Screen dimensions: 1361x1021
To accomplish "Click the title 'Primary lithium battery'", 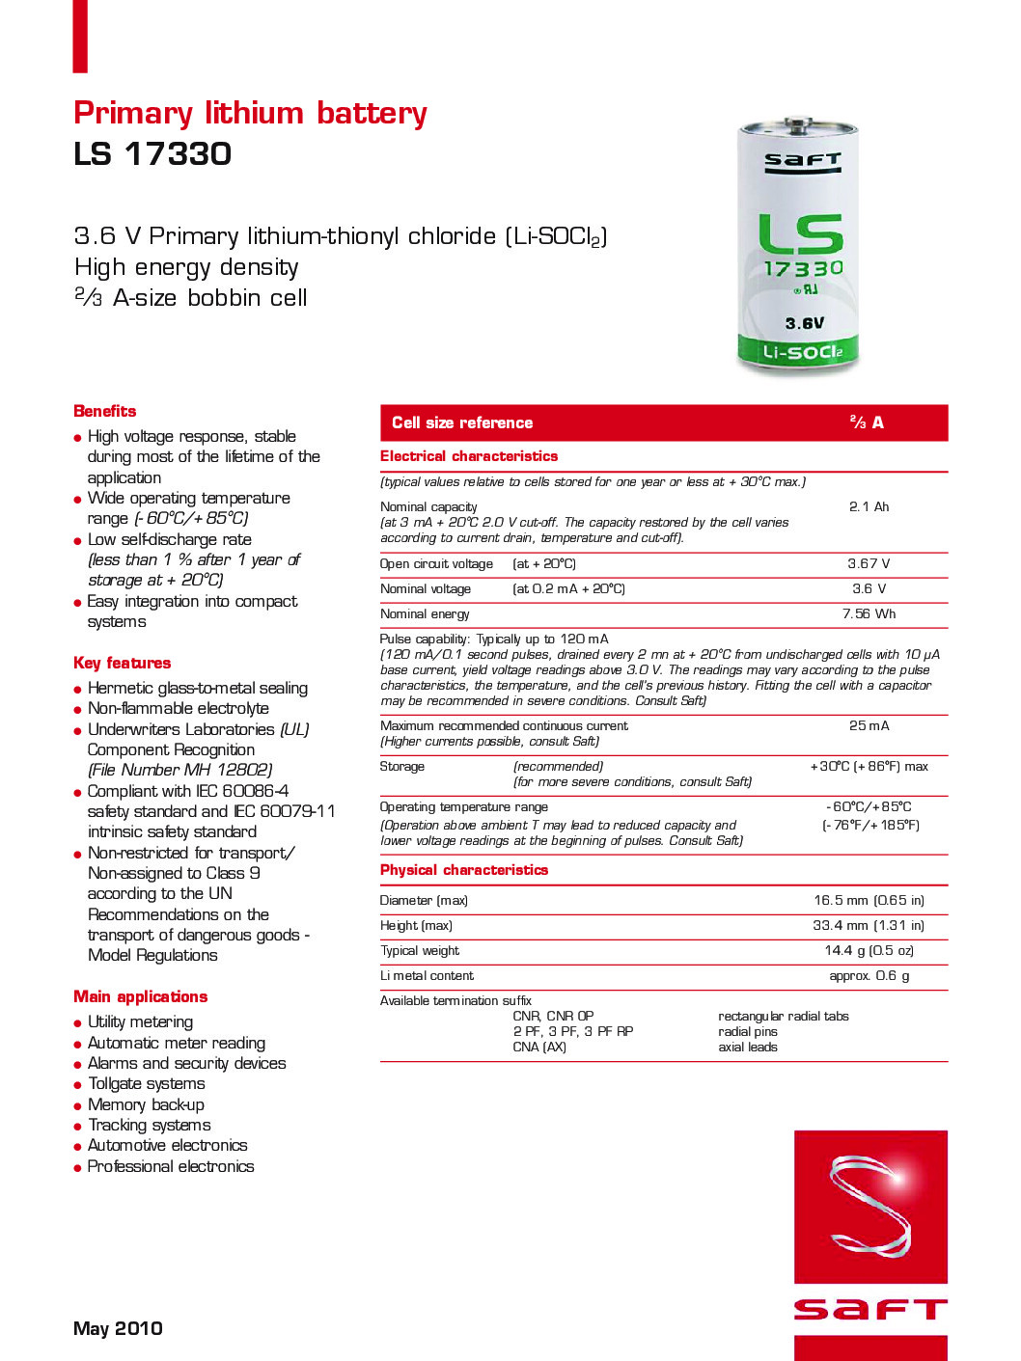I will (x=250, y=114).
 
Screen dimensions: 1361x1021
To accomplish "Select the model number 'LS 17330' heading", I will (x=152, y=154).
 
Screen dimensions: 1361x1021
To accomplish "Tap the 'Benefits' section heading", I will (x=104, y=411).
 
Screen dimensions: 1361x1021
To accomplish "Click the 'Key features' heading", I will (x=122, y=663).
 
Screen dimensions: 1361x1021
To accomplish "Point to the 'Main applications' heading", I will (x=140, y=996).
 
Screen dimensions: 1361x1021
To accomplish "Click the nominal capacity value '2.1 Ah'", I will (x=869, y=506).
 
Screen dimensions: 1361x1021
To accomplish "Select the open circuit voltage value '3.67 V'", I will (x=869, y=563).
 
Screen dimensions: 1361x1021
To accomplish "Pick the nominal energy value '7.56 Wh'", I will (x=869, y=613).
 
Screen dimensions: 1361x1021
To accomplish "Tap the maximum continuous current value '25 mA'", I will (x=869, y=725).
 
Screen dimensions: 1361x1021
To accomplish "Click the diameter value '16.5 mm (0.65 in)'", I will (x=869, y=900).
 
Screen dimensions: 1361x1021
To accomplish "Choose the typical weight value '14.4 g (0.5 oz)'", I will (x=869, y=950).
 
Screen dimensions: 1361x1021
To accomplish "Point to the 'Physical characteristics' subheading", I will (x=463, y=870).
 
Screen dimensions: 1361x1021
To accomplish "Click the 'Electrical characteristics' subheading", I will (x=468, y=456).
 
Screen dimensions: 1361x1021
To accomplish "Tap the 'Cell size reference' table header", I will (x=462, y=422).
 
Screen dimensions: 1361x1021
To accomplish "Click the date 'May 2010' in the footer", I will (x=118, y=1328).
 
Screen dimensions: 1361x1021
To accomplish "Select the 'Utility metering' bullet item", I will (x=140, y=1021).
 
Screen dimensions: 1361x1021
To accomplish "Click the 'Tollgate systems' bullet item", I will (x=146, y=1083).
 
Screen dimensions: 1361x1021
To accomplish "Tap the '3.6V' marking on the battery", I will (x=804, y=323).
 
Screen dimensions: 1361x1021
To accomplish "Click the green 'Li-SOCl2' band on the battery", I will (x=801, y=352).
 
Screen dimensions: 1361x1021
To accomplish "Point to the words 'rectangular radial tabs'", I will (x=783, y=1016).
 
